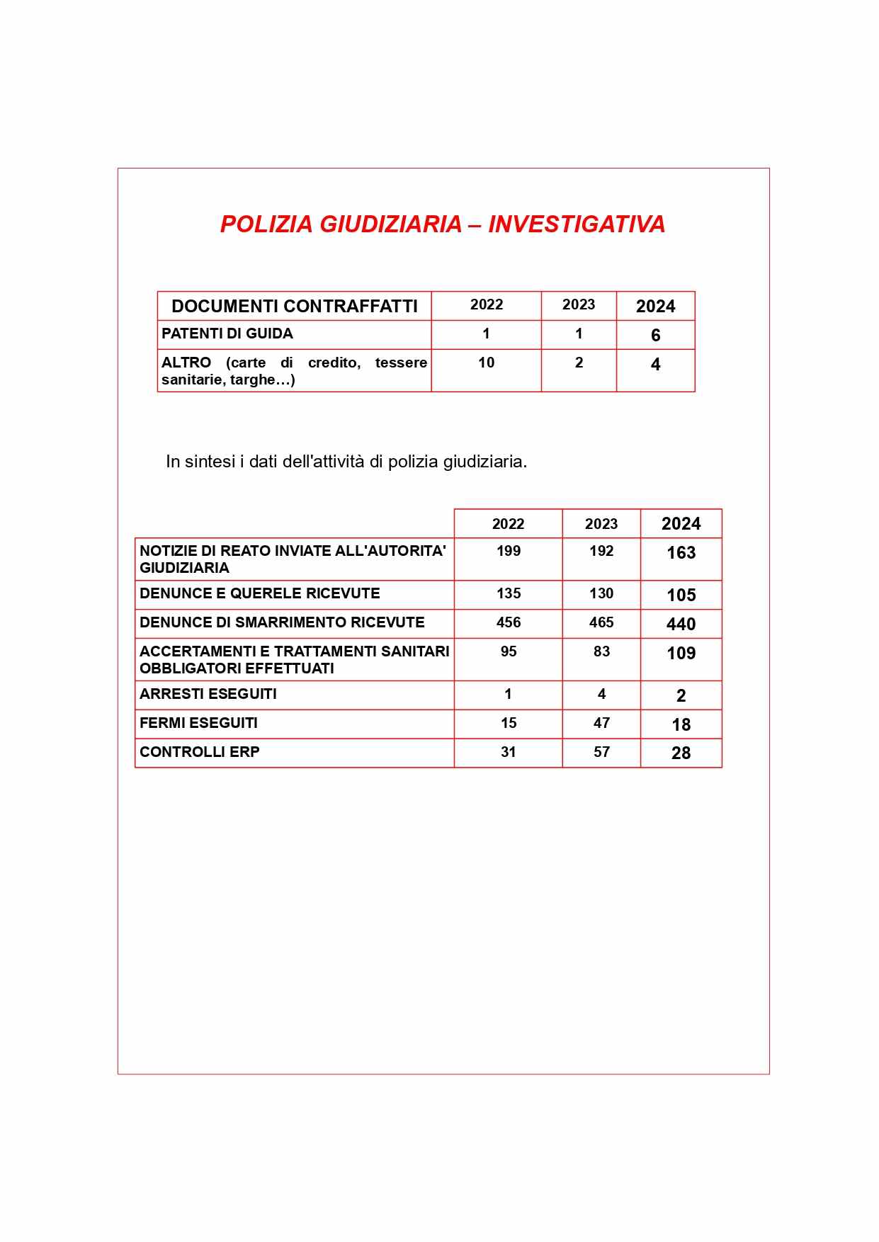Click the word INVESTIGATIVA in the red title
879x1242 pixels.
tap(577, 224)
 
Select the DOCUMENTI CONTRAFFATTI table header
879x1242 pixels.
tap(295, 306)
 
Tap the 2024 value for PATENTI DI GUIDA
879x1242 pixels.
tap(655, 336)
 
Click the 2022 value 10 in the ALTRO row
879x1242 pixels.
tap(486, 363)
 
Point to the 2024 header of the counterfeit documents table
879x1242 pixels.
tap(655, 307)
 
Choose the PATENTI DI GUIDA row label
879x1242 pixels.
tap(227, 334)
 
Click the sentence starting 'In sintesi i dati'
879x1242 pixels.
tap(346, 462)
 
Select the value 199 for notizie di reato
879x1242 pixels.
tap(508, 551)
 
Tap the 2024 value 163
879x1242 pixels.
tap(681, 553)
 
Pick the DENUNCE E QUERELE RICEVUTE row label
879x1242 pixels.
tap(260, 593)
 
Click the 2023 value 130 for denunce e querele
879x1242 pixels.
tap(601, 593)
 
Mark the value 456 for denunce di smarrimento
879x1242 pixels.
tap(508, 622)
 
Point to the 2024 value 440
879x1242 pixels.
tap(681, 625)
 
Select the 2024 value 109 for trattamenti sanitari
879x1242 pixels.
tap(681, 654)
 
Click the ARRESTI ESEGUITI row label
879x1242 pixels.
tap(208, 694)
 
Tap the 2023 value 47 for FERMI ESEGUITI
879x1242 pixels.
tap(601, 723)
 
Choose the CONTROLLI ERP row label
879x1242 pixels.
tap(200, 752)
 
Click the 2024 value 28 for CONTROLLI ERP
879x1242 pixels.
tap(681, 753)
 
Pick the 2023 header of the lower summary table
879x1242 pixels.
tap(601, 524)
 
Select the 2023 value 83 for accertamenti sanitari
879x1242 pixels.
tap(601, 651)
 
